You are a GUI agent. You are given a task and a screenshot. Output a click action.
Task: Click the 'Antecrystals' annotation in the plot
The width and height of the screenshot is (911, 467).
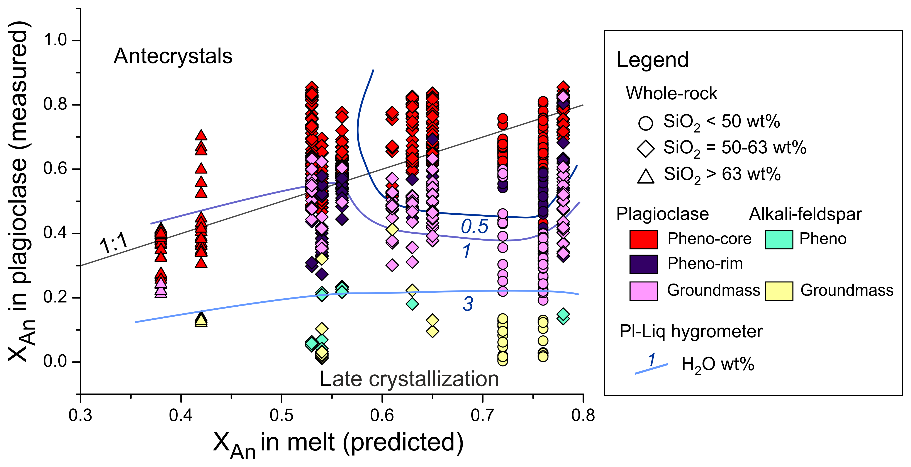[x=173, y=56]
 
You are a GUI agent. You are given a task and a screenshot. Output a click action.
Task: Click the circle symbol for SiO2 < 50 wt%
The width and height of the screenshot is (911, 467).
[x=645, y=123]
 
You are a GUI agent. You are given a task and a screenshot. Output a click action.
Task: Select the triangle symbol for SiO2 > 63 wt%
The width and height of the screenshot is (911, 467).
[x=645, y=176]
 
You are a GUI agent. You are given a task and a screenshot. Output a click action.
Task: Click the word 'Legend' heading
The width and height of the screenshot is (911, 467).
[x=652, y=60]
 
